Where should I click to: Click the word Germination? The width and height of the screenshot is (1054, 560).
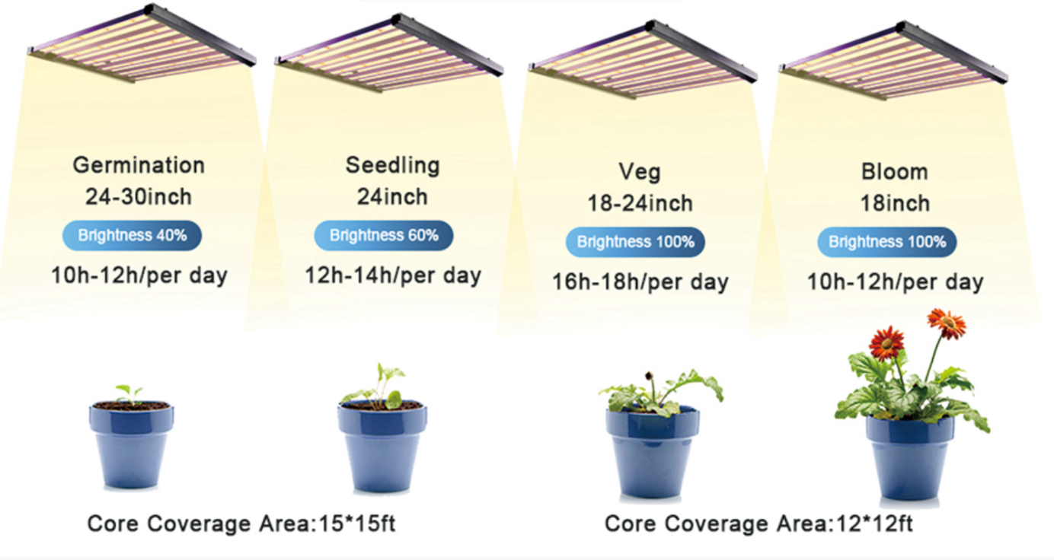coord(139,166)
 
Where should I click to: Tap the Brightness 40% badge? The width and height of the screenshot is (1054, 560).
coord(133,235)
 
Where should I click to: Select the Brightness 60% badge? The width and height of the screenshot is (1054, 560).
coord(384,235)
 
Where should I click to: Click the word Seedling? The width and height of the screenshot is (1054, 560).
coord(393,166)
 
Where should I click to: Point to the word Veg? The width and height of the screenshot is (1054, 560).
coord(640,173)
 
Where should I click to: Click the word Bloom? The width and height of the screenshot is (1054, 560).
coord(895,172)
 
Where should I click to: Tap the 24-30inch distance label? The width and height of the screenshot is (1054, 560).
coord(139,196)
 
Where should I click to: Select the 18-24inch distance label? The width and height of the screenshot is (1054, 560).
coord(640,204)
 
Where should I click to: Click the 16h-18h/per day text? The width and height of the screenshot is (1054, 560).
coord(640,282)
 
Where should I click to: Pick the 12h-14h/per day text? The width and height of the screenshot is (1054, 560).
coord(393,275)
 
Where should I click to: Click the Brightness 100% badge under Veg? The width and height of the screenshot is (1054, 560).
coord(635,242)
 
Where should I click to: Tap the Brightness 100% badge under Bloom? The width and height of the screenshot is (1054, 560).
coord(887,242)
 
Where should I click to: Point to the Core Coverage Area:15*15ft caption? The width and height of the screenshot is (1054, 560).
coord(241,523)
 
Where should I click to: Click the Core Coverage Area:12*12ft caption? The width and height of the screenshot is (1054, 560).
coord(759,523)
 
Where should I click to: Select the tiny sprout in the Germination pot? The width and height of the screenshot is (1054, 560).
coord(129,394)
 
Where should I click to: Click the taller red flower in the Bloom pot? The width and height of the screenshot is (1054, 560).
coord(947,323)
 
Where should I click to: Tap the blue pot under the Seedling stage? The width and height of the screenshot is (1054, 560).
coord(382,446)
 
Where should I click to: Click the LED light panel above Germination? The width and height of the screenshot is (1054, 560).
coord(141,43)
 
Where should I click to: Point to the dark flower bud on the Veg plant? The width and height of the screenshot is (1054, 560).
coord(649,376)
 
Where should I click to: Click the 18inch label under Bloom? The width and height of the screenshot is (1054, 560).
coord(895,204)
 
